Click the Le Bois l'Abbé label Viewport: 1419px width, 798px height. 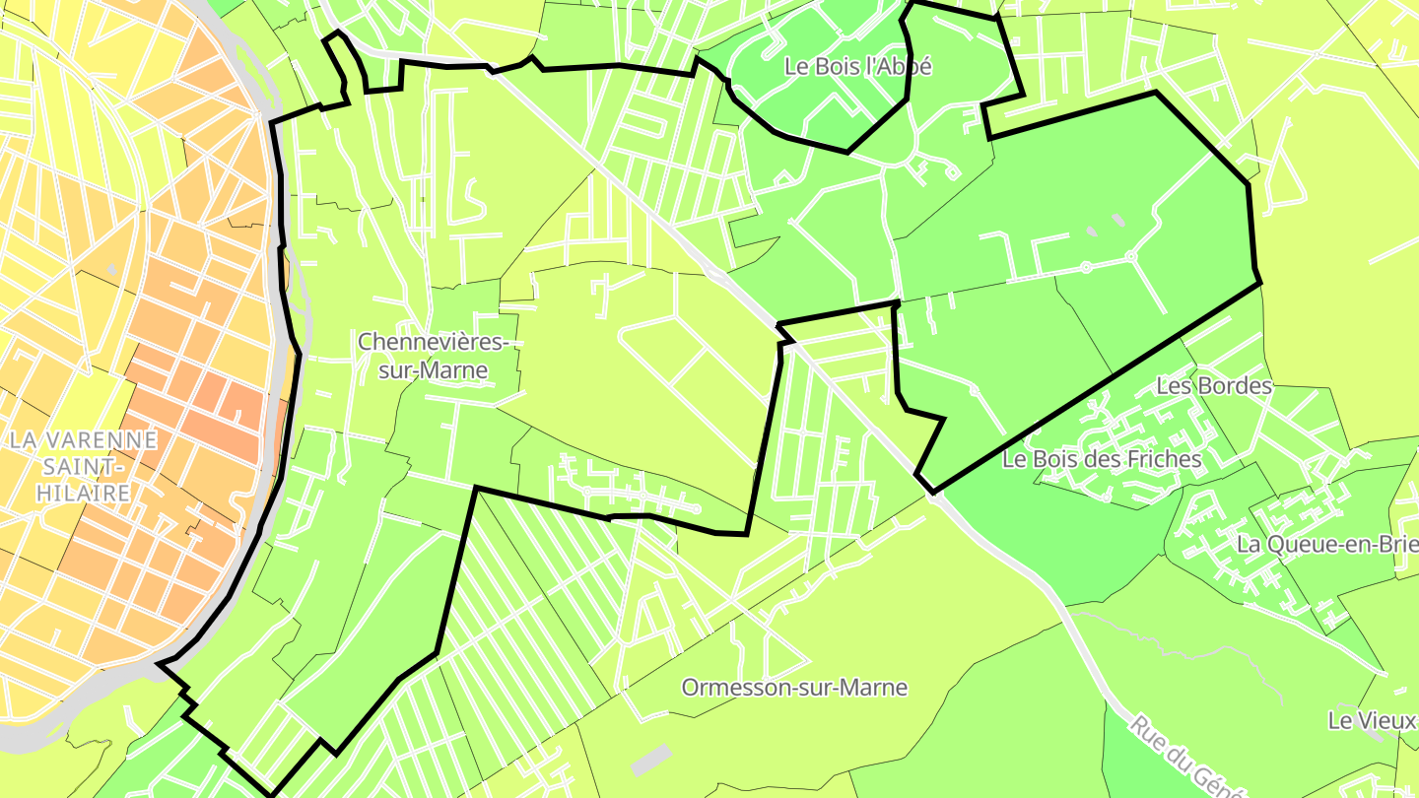click(x=857, y=67)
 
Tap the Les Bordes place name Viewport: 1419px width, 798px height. click(x=1214, y=386)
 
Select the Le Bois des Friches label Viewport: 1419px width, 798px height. click(x=1102, y=459)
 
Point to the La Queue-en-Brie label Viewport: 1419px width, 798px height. click(x=1326, y=544)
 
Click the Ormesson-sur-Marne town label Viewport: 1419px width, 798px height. click(x=794, y=688)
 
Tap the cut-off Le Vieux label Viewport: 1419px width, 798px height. click(x=1372, y=720)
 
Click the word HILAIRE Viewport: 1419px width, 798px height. click(x=83, y=493)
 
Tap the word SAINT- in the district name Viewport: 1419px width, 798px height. click(x=83, y=466)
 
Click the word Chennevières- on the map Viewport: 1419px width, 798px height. click(x=434, y=343)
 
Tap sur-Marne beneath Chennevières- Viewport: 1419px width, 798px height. click(x=434, y=370)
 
